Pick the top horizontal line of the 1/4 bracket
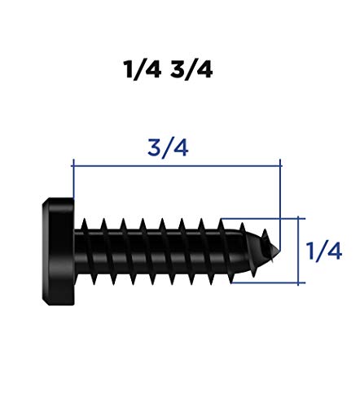[x=261, y=217]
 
